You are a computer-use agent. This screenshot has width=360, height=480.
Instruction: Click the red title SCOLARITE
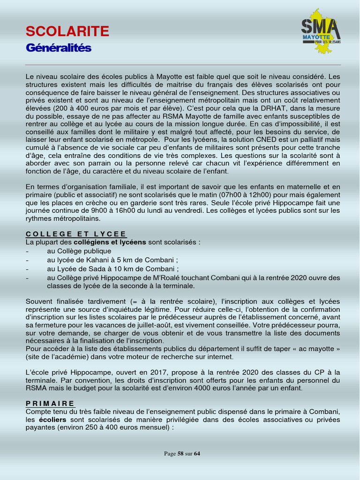pyautogui.click(x=67, y=31)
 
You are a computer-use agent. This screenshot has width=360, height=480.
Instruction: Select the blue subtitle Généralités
pyautogui.click(x=59, y=48)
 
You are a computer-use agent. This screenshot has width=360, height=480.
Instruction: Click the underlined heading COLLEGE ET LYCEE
pyautogui.click(x=76, y=234)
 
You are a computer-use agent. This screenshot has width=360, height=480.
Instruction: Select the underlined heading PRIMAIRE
pyautogui.click(x=50, y=403)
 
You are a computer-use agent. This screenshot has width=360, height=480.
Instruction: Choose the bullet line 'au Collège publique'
pyautogui.click(x=79, y=251)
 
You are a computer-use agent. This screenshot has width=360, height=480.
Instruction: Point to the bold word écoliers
pyautogui.click(x=53, y=420)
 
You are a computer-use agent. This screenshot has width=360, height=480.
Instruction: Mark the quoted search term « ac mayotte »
pyautogui.click(x=315, y=349)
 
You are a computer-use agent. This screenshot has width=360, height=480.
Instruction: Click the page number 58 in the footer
pyautogui.click(x=180, y=454)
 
